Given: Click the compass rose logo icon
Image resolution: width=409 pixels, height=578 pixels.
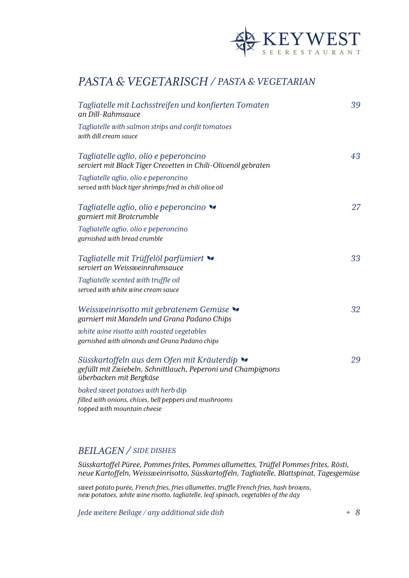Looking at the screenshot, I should click(x=245, y=41).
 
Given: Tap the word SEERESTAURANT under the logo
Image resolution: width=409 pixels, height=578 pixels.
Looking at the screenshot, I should click(x=311, y=53).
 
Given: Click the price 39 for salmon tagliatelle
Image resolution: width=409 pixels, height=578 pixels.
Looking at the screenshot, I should click(x=355, y=105).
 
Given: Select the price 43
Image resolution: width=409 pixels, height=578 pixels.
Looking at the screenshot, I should click(x=355, y=156).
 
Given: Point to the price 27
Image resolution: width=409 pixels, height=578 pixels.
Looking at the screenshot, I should click(x=356, y=207).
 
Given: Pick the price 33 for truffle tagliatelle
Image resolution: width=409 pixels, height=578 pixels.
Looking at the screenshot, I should click(x=355, y=259).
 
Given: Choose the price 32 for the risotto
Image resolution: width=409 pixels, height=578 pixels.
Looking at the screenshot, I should click(x=355, y=310).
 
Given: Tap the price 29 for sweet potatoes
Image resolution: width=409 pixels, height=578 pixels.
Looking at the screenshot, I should click(x=355, y=360).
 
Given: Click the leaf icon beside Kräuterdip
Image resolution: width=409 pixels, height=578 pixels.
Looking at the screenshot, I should click(x=245, y=360).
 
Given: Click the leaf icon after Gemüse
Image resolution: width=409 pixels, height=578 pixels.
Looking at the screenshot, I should click(x=236, y=309).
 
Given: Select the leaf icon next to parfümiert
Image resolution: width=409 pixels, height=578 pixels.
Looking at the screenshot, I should click(x=211, y=258).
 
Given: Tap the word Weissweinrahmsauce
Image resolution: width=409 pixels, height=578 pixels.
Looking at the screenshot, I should click(x=148, y=268).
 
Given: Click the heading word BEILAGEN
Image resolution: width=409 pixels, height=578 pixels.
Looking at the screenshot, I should click(x=101, y=451).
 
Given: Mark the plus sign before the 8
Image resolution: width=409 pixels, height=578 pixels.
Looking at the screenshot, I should click(x=348, y=513).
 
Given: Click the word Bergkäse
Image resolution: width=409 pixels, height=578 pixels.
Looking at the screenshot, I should click(x=143, y=378).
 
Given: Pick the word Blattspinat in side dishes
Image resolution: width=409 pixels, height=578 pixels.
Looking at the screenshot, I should click(x=296, y=473).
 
